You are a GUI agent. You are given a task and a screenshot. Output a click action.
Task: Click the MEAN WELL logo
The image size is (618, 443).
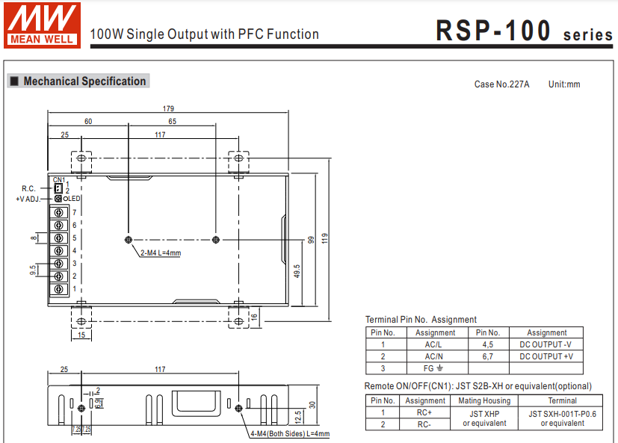(42, 26)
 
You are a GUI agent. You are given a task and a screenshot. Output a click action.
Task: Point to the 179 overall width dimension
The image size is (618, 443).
(169, 109)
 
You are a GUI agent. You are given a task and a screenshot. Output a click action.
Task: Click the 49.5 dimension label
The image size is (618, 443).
(297, 272)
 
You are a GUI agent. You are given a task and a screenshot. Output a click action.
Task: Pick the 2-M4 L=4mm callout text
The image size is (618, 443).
(161, 253)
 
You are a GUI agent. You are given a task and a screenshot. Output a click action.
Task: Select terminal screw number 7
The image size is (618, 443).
(58, 213)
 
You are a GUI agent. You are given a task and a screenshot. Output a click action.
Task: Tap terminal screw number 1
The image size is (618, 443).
(58, 288)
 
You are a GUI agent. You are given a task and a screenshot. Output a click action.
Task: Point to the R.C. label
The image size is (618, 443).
(28, 188)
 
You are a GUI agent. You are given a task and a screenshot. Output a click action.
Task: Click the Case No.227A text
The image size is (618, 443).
(501, 84)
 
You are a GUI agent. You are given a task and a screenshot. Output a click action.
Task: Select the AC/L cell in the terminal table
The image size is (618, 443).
(435, 344)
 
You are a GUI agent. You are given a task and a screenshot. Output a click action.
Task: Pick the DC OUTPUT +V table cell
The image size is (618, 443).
(546, 356)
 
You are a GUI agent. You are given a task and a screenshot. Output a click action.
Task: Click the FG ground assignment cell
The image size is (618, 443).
(435, 368)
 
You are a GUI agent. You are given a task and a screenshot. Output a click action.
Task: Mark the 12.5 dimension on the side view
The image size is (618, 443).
(298, 415)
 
